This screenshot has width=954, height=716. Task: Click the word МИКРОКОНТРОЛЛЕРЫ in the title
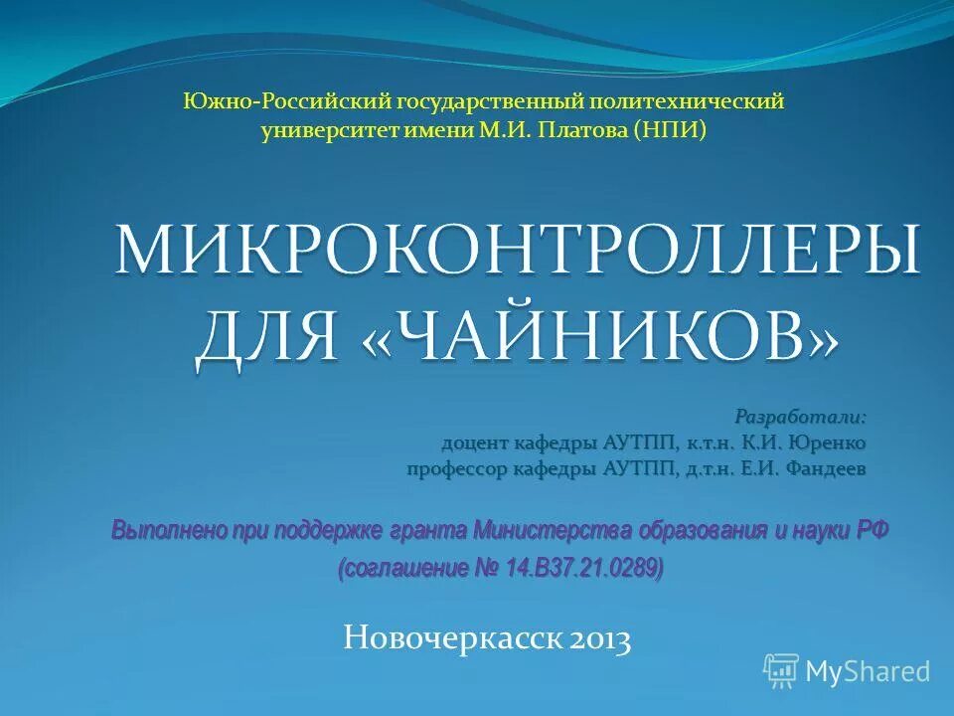517,250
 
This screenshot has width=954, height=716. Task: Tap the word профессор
458,467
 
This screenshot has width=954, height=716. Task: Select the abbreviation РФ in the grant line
872,530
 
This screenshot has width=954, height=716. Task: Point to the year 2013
600,639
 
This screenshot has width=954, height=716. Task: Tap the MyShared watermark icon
781,670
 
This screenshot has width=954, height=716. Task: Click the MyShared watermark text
868,671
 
